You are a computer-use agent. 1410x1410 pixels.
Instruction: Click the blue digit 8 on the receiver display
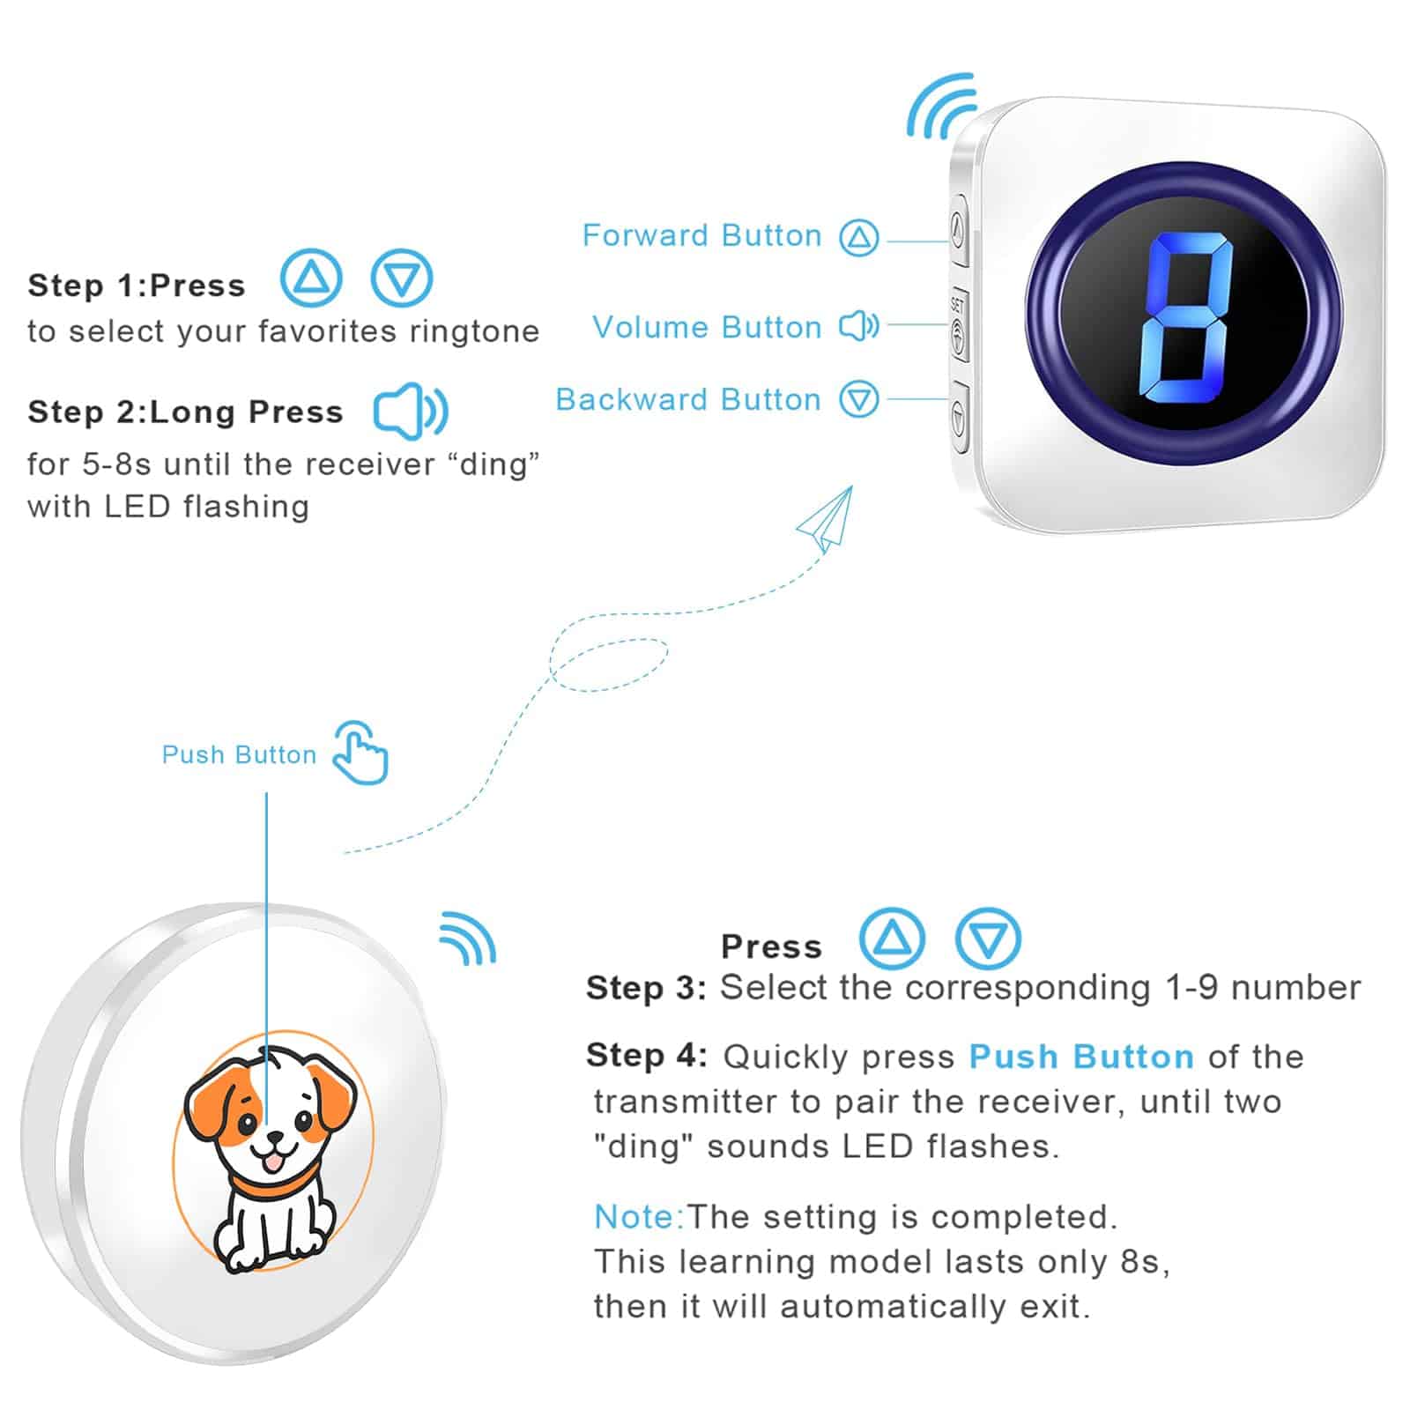(x=1183, y=318)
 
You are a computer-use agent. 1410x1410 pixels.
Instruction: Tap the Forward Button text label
(x=701, y=235)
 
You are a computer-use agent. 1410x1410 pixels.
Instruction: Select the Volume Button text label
(x=707, y=327)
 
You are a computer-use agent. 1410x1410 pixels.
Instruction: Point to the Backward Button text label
(x=687, y=399)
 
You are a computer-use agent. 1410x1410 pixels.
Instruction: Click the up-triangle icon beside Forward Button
(x=858, y=237)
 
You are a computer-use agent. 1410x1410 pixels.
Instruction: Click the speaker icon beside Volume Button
(x=858, y=326)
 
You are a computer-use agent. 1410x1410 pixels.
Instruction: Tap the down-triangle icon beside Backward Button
(x=858, y=399)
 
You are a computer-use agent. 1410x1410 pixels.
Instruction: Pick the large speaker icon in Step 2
(x=411, y=411)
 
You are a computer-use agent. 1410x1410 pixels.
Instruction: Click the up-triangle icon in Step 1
(x=310, y=278)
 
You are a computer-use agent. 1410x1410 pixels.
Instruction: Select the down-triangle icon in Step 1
(x=401, y=278)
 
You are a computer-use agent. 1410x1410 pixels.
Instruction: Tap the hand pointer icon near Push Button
(x=360, y=753)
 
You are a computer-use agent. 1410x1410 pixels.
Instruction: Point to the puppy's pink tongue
(x=275, y=1163)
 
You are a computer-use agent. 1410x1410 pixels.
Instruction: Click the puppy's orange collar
(x=264, y=1185)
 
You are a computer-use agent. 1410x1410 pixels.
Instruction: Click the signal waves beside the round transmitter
(x=469, y=939)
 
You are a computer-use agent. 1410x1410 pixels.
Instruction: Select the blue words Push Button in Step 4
(x=1081, y=1056)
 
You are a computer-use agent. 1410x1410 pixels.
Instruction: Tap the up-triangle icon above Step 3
(x=892, y=939)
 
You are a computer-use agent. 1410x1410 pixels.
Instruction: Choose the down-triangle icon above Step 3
(x=988, y=939)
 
